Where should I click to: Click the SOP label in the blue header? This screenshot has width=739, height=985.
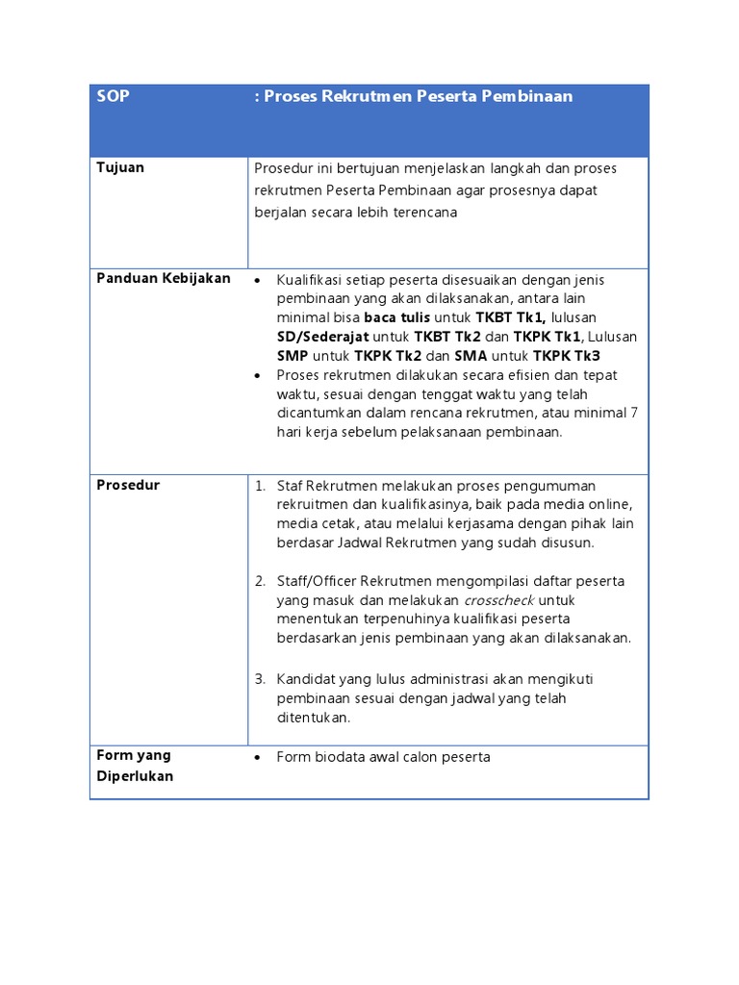(114, 96)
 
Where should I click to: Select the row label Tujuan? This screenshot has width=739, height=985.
(120, 167)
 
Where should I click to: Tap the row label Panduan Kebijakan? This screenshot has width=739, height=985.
(164, 278)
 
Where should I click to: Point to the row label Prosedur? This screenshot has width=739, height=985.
(128, 485)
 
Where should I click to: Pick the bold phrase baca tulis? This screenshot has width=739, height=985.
(397, 317)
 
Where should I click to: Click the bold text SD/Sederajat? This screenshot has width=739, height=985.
(321, 337)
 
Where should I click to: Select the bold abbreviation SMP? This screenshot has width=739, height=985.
(293, 355)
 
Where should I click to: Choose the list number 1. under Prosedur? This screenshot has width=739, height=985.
(260, 486)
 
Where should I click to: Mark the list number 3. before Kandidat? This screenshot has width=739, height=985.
(260, 679)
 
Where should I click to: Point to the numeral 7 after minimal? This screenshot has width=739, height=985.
(633, 413)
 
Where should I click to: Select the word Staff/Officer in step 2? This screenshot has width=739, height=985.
(315, 581)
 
